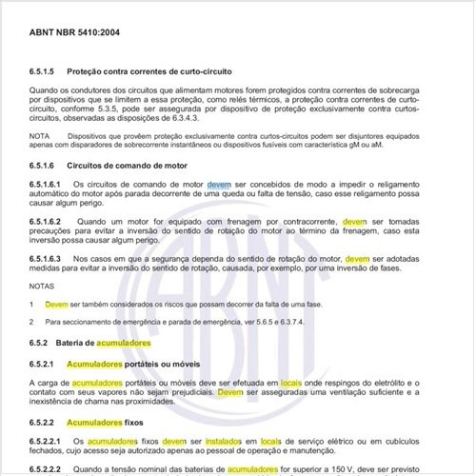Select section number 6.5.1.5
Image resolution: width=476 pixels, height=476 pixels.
coord(46,71)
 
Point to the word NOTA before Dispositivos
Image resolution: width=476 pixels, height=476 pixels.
coord(40,137)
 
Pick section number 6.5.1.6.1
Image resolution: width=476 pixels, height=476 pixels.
coord(49,183)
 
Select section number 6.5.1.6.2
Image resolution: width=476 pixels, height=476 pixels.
coord(49,221)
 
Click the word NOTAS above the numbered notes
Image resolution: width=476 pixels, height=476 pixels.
coord(42,285)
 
